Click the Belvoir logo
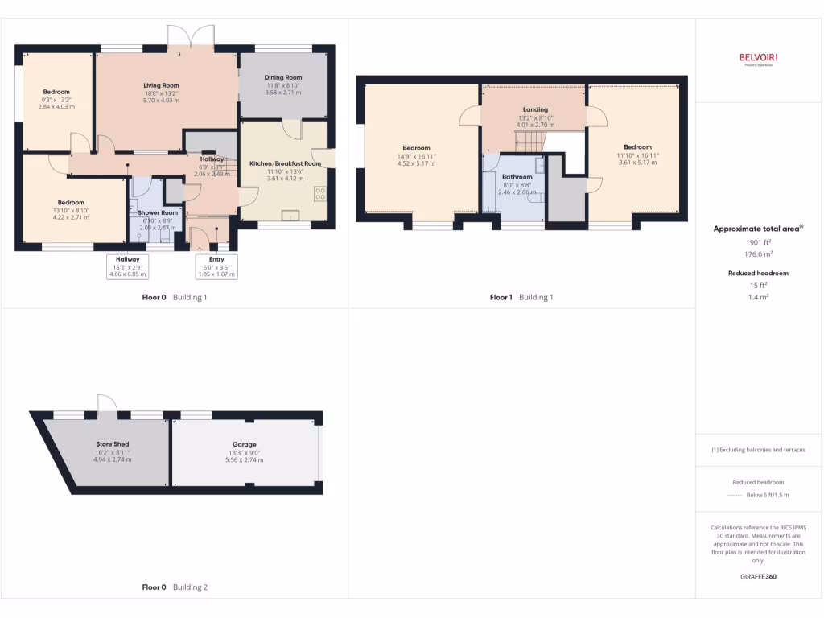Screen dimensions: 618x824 (759, 57)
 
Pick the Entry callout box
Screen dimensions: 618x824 (216, 266)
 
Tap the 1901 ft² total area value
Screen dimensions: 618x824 (759, 242)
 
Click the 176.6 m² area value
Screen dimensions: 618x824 (759, 254)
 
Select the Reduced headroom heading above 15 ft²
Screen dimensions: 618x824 (759, 274)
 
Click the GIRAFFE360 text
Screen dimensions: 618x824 (759, 576)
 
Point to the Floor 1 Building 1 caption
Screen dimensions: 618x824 (521, 297)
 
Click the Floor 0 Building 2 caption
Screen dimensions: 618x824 (175, 587)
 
